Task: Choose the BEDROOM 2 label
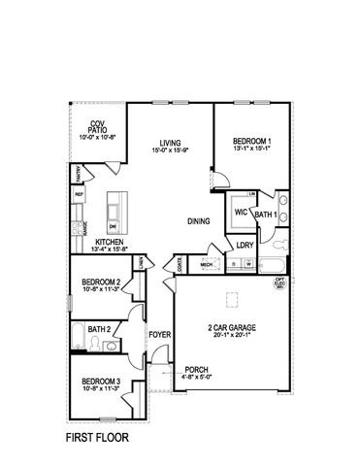tap(100, 282)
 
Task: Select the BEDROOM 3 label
tap(100, 381)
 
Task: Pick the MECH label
tap(207, 262)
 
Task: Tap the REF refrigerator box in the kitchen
tap(79, 194)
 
